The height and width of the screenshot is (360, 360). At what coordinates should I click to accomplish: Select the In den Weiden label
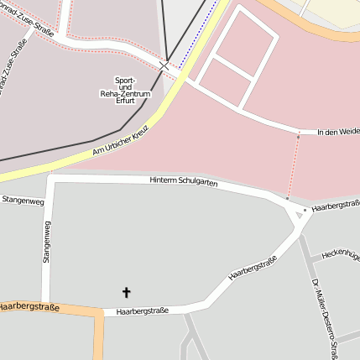[337, 132]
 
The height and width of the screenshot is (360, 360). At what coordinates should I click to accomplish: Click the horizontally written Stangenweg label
[23, 201]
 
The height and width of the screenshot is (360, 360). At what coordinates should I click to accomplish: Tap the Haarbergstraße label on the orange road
[30, 308]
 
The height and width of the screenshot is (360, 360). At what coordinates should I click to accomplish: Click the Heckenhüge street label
[341, 252]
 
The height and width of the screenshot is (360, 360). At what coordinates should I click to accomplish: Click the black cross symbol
[127, 293]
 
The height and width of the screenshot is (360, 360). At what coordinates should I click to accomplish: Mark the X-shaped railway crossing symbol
[164, 65]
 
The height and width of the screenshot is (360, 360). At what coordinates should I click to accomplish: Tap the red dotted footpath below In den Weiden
[293, 168]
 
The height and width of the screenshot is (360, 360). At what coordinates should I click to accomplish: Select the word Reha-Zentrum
[125, 94]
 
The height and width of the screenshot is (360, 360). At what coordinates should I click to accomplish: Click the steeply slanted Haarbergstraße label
[253, 270]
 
